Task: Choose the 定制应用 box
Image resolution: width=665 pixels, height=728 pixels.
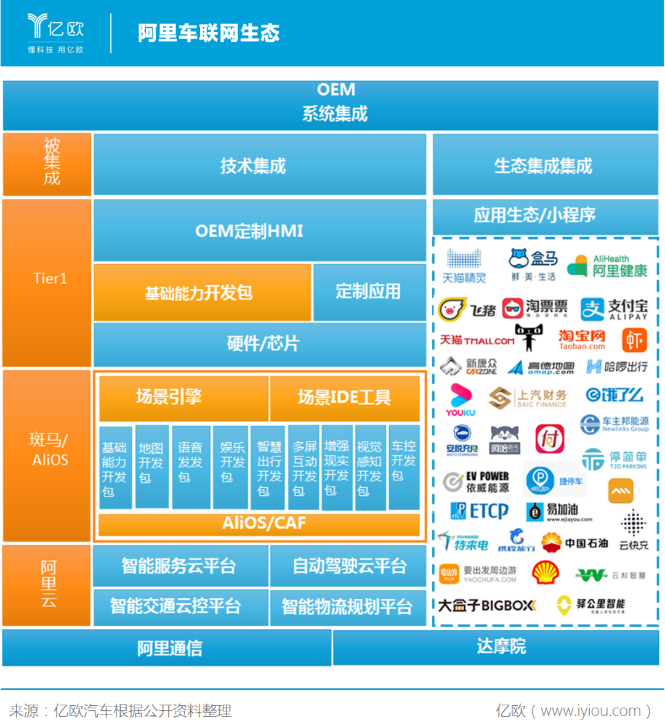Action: (x=369, y=292)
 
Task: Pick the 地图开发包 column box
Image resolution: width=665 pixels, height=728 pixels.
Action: (x=151, y=467)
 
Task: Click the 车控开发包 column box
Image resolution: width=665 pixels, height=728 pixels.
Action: (x=404, y=467)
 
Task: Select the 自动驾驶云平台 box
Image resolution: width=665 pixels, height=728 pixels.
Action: (x=348, y=565)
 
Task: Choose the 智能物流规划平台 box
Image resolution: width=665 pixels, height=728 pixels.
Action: (x=348, y=607)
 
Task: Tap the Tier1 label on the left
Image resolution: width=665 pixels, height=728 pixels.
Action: (x=49, y=278)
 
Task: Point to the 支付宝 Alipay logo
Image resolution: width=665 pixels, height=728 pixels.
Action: (x=614, y=309)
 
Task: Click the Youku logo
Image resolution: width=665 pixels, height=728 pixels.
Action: (x=461, y=399)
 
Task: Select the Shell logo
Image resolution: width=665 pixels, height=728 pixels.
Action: (x=545, y=573)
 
